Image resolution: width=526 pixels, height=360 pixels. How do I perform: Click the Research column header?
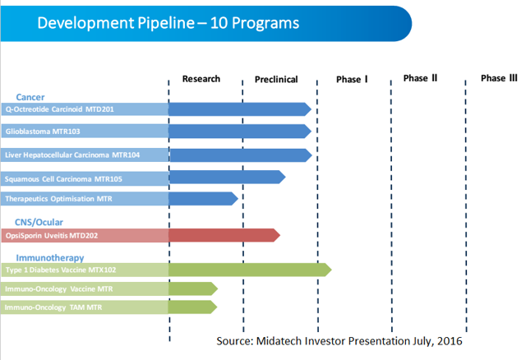point(201,79)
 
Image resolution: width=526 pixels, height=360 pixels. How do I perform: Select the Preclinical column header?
point(276,80)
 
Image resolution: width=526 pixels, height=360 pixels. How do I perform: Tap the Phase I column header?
point(352,79)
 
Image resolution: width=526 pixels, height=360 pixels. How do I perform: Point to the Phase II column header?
point(420,78)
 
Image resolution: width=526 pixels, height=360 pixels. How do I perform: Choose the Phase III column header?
point(499,78)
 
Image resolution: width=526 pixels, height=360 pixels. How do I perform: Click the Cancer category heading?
point(30,97)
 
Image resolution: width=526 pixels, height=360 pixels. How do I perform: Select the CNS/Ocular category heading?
point(39,222)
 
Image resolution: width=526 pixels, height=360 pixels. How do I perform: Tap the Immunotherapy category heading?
point(50,257)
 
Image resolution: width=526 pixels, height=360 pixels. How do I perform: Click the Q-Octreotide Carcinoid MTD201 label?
point(60,109)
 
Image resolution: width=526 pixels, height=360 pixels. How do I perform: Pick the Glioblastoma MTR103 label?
point(43,132)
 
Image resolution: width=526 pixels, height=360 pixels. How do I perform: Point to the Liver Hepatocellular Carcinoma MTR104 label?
point(72,155)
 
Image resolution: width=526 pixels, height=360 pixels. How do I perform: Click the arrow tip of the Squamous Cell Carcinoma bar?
point(285,177)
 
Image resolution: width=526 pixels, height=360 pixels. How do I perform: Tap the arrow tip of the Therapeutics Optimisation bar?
point(238,199)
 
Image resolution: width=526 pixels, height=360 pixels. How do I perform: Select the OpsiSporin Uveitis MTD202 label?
point(52,236)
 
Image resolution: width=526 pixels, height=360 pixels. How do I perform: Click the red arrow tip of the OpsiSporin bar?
point(280,235)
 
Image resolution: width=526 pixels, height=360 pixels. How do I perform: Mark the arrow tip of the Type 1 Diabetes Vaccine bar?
point(331,270)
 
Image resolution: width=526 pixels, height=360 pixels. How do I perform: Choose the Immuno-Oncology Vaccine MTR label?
point(58,289)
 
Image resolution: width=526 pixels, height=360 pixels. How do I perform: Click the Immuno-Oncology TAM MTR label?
point(53,307)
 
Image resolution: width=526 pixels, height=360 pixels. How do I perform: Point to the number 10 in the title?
point(219,23)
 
